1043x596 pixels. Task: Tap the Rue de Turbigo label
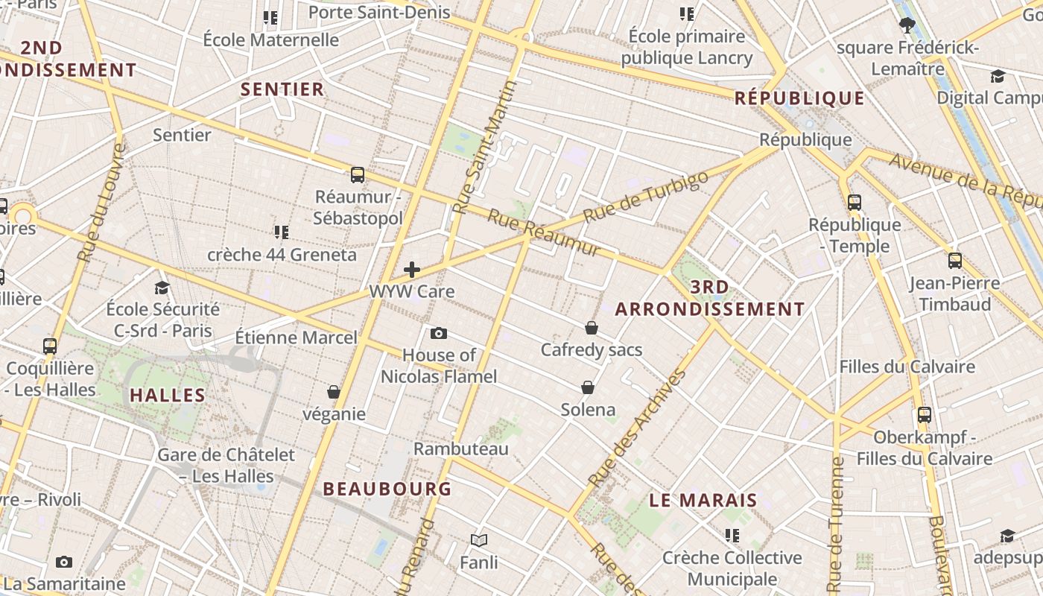(645, 197)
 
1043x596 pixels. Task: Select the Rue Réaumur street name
(544, 233)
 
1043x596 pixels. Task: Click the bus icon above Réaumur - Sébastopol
(358, 175)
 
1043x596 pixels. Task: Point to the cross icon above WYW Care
(412, 270)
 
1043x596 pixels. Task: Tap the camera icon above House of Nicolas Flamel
(439, 333)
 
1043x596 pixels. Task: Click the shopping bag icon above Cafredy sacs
(592, 327)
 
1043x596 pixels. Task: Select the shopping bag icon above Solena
(588, 387)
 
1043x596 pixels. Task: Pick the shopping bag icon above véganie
(334, 392)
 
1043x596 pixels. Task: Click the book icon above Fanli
(479, 540)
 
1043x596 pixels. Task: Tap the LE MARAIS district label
(703, 500)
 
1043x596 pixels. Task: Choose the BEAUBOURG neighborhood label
(387, 489)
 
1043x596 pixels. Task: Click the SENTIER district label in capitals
(282, 89)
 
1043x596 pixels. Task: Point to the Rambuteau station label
(461, 448)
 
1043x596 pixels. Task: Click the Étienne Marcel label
(297, 337)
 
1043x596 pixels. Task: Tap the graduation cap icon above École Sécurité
(162, 288)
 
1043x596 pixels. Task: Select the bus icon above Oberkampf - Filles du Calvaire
(925, 415)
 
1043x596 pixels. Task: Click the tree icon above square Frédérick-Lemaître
(907, 25)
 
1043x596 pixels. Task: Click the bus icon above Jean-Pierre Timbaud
(955, 261)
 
